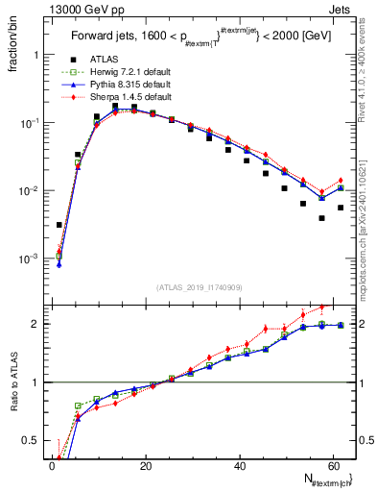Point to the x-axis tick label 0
point(52,466)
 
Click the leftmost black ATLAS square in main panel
point(59,225)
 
